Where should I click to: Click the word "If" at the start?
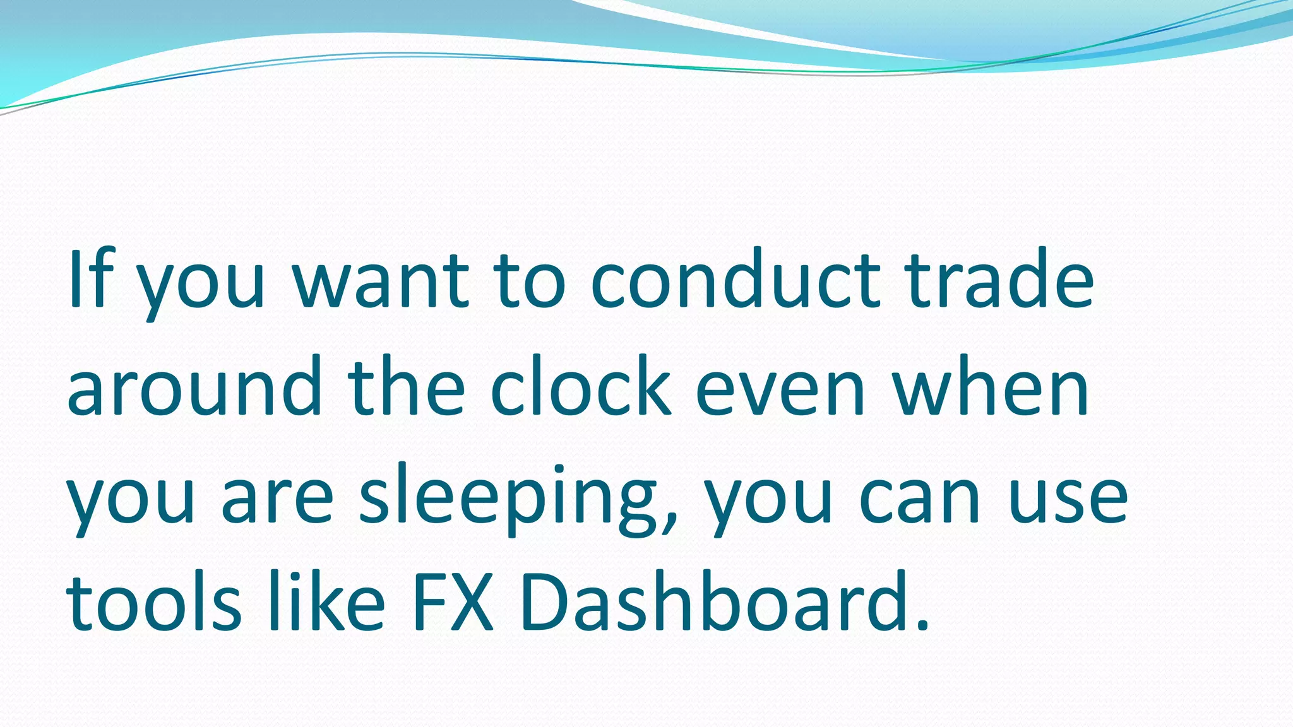tap(91, 280)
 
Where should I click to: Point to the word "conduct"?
tap(736, 280)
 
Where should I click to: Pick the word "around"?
tap(194, 387)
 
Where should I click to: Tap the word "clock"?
tap(580, 386)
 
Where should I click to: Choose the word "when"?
tap(991, 386)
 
